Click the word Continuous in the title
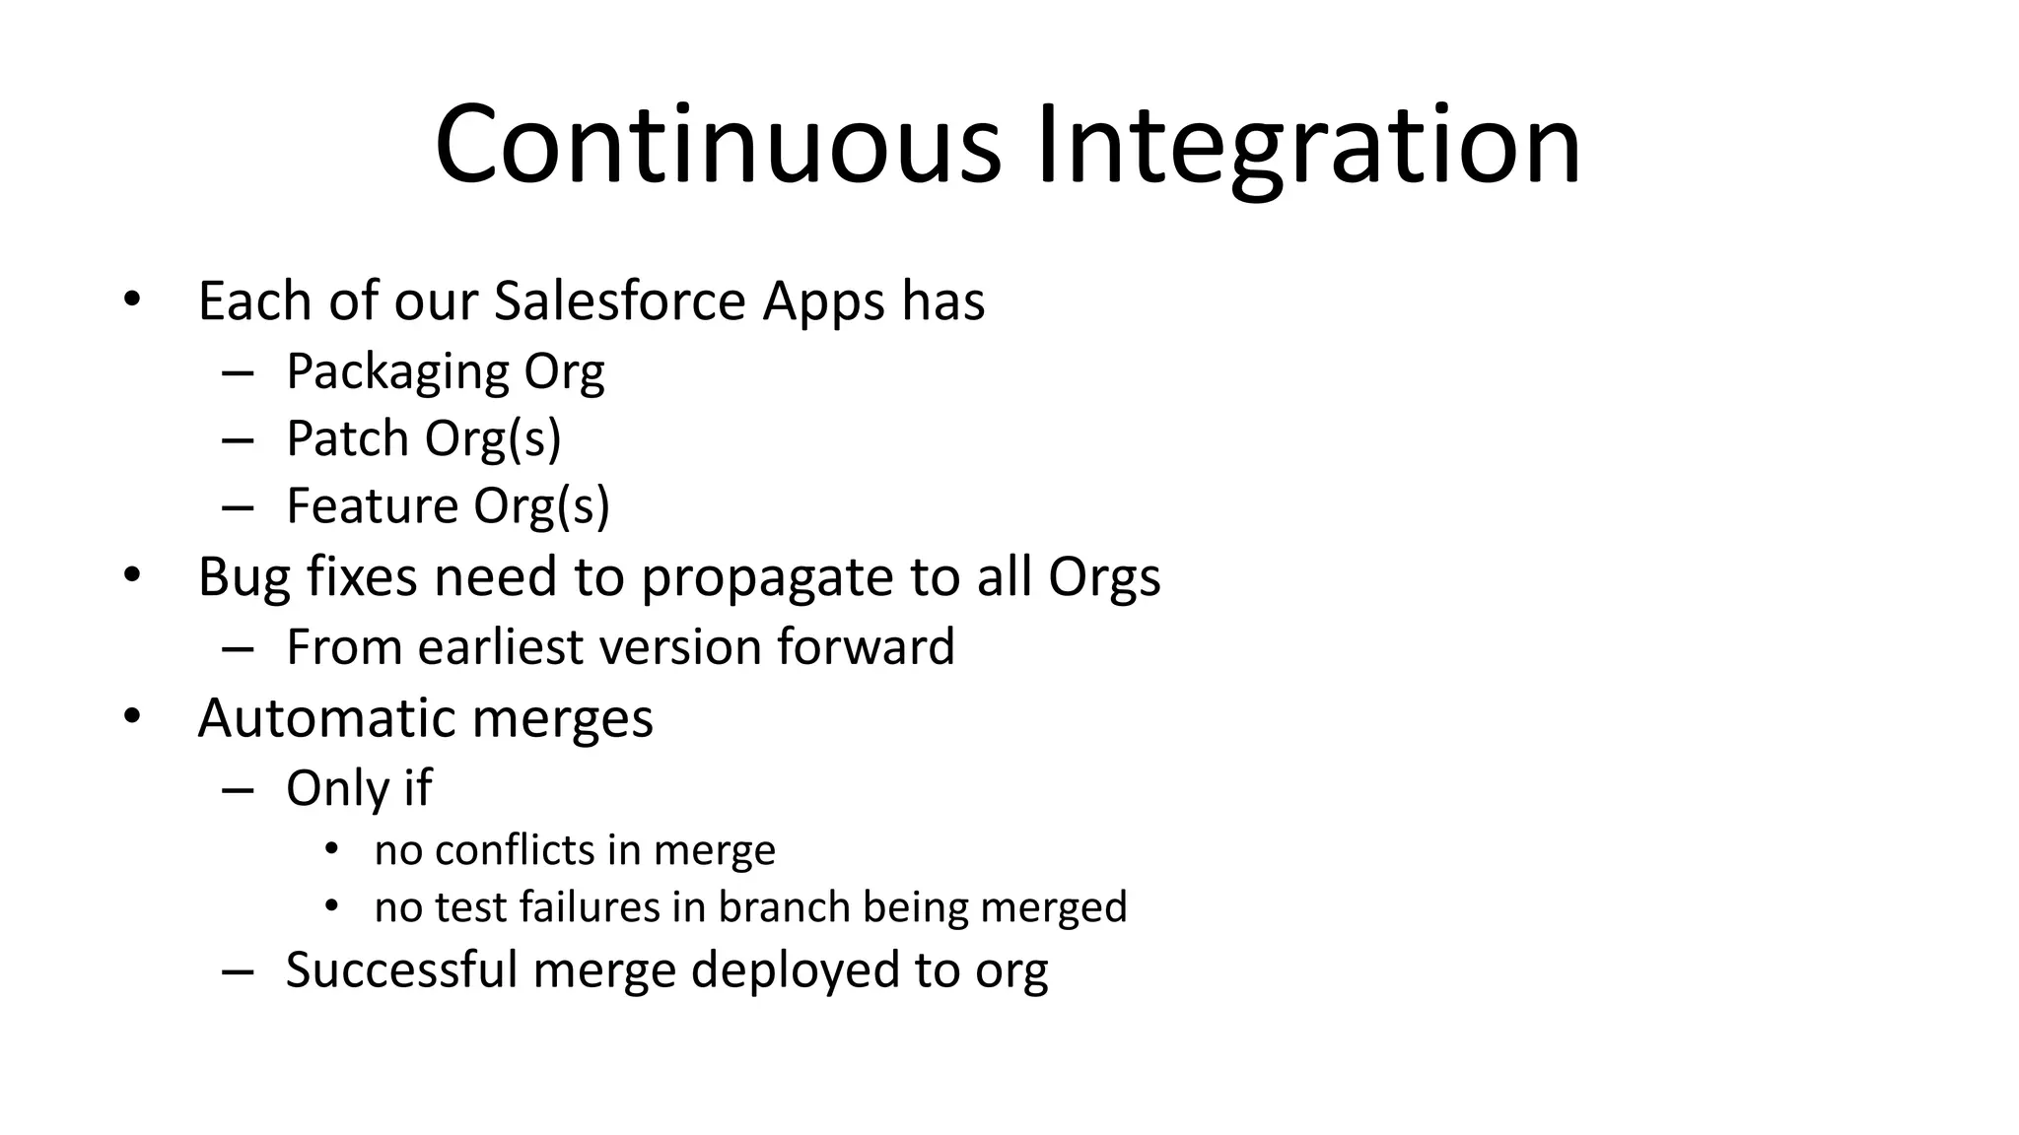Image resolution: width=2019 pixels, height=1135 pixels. (717, 146)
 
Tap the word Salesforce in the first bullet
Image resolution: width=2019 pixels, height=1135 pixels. (619, 300)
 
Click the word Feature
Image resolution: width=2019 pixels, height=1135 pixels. (371, 505)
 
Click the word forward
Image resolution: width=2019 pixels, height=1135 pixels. (866, 647)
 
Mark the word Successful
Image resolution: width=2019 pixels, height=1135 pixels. (401, 969)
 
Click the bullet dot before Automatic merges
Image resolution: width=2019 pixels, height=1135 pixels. (132, 717)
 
